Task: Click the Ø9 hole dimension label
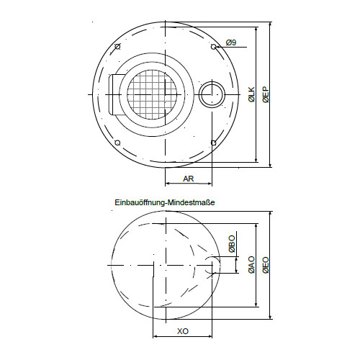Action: point(231,42)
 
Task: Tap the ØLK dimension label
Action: point(252,94)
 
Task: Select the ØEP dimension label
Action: point(266,95)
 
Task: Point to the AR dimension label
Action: point(188,179)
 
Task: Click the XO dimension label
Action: point(183,331)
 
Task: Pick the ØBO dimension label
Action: point(232,244)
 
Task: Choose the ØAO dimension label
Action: point(252,265)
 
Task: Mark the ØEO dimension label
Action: point(266,265)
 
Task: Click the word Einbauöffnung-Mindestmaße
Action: point(165,202)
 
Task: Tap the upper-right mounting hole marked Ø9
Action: point(213,47)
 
